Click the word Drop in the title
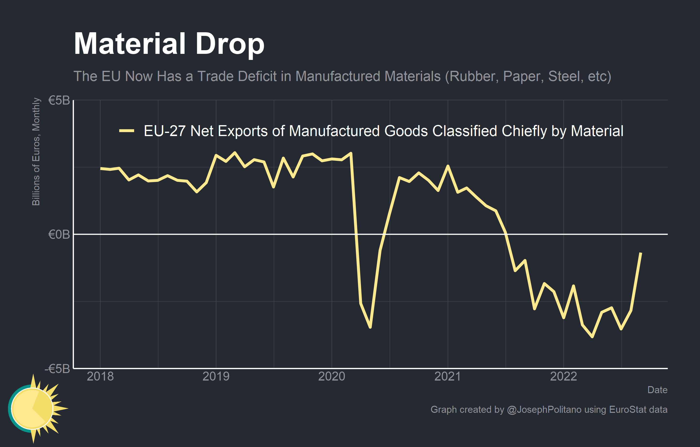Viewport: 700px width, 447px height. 230,44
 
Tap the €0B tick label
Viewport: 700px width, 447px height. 59,234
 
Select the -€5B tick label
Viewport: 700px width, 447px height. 57,368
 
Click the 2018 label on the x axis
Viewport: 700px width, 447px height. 100,376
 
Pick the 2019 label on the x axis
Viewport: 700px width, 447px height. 216,376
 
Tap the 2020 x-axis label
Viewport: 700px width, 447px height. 332,376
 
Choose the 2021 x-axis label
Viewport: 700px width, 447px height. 448,376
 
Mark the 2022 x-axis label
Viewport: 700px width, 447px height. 563,376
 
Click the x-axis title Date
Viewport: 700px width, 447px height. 657,390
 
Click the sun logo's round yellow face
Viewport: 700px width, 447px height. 32,409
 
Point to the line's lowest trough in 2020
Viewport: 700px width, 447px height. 370,327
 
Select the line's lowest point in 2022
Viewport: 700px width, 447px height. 592,337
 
